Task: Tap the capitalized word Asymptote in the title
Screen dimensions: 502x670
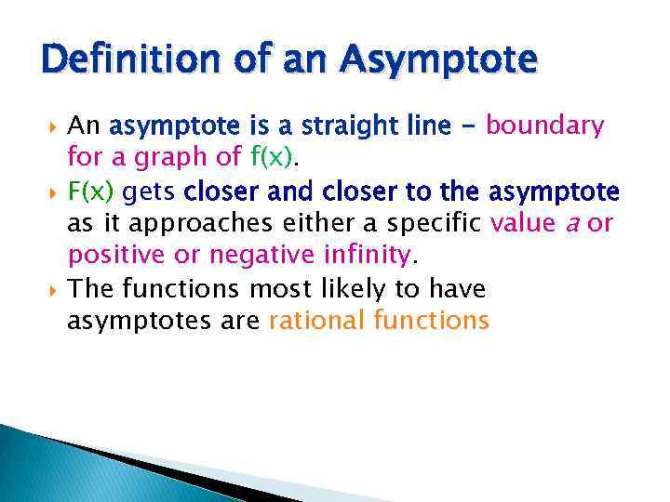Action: (438, 60)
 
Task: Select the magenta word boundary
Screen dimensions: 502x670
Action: (545, 125)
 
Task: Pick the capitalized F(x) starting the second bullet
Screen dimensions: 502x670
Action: (90, 192)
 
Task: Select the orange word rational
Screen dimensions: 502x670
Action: (316, 322)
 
